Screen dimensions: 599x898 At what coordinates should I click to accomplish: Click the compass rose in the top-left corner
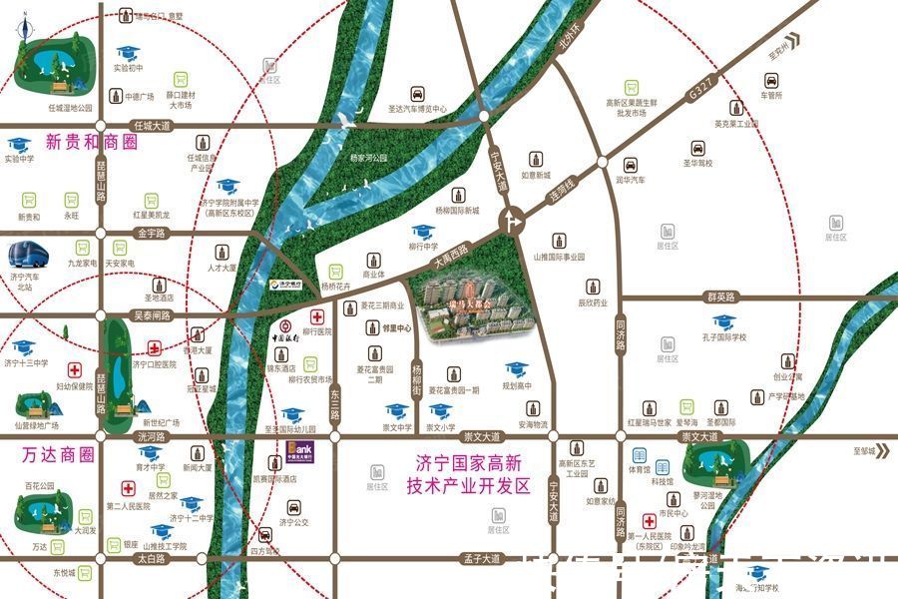[22, 30]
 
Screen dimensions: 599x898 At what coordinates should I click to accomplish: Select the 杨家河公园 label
[368, 158]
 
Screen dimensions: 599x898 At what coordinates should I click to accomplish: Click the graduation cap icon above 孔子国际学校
[723, 321]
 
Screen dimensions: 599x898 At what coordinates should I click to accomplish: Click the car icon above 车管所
[771, 79]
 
